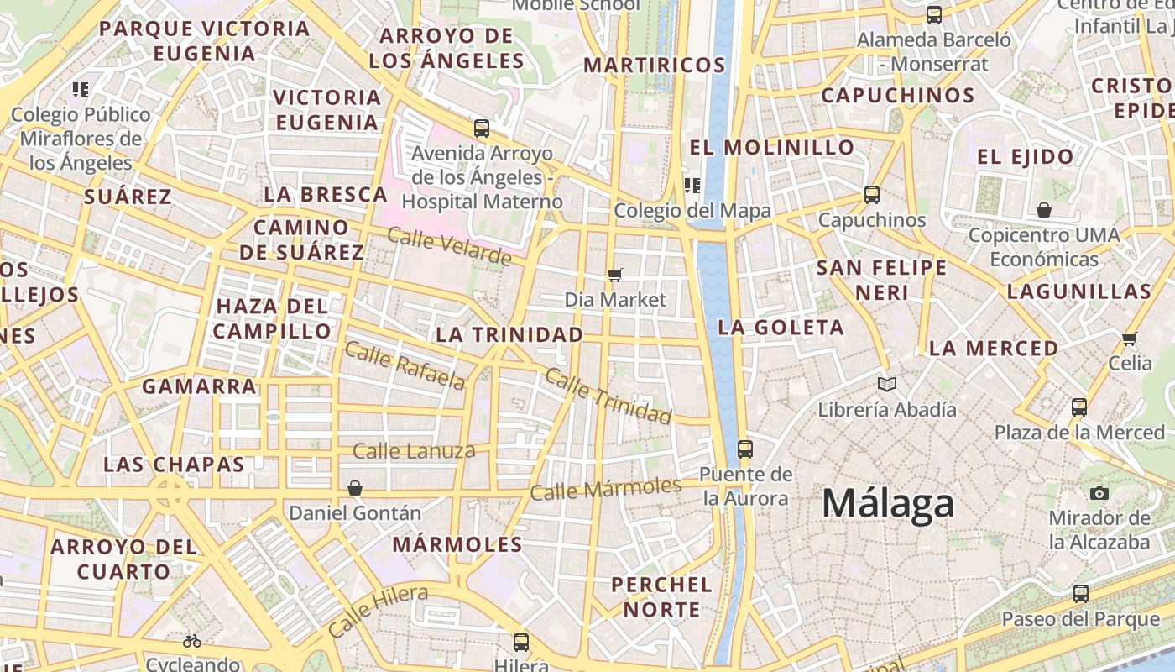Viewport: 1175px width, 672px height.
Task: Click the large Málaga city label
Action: pyautogui.click(x=888, y=504)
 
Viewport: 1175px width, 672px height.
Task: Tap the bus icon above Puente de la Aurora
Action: pyautogui.click(x=744, y=449)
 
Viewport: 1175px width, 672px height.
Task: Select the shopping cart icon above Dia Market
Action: pyautogui.click(x=615, y=275)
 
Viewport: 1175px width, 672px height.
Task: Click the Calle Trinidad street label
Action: pyautogui.click(x=608, y=395)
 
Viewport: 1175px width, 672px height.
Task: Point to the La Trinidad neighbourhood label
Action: pyautogui.click(x=509, y=334)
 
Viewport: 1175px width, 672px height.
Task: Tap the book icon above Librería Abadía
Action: pyautogui.click(x=887, y=385)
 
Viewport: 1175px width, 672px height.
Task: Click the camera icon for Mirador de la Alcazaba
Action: pyautogui.click(x=1099, y=493)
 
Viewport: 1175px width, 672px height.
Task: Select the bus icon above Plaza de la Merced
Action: pyautogui.click(x=1079, y=407)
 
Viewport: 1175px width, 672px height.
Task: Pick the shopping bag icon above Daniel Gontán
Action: pyautogui.click(x=355, y=488)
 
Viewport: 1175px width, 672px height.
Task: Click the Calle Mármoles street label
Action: pyautogui.click(x=606, y=489)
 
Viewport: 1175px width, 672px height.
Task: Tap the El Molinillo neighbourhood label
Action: pyautogui.click(x=772, y=147)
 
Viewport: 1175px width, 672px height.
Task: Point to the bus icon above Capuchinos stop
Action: pyautogui.click(x=872, y=195)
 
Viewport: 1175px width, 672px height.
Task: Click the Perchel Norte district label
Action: pyautogui.click(x=661, y=596)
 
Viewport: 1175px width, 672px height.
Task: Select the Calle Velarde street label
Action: pyautogui.click(x=449, y=246)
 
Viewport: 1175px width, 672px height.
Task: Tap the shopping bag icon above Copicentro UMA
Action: pyautogui.click(x=1044, y=209)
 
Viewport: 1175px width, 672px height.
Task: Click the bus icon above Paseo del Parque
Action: pyautogui.click(x=1081, y=594)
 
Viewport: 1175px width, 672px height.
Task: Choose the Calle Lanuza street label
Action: pyautogui.click(x=414, y=451)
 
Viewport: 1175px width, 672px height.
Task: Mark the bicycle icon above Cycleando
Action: pyautogui.click(x=191, y=641)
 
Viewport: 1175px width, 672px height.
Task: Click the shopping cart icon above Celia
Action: pyautogui.click(x=1130, y=339)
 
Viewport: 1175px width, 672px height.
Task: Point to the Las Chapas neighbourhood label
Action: pyautogui.click(x=174, y=465)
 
